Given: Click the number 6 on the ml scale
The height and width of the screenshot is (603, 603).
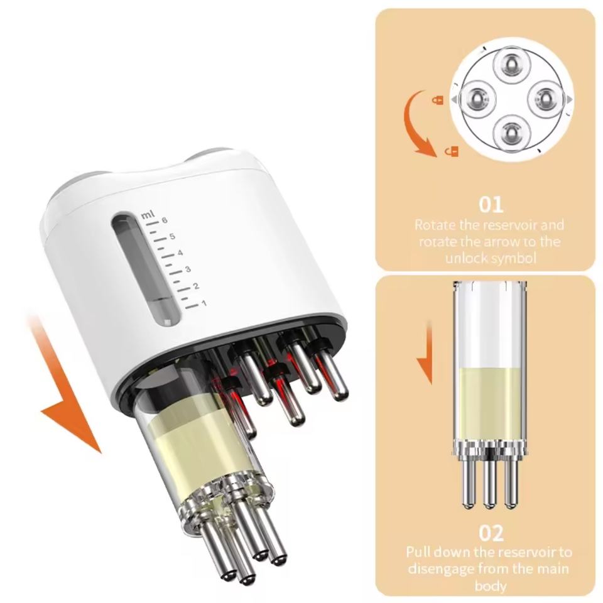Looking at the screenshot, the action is point(165,220).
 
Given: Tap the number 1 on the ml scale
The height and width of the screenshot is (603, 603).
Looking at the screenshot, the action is point(204,303).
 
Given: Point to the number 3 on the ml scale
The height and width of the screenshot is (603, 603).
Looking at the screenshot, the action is point(188,269).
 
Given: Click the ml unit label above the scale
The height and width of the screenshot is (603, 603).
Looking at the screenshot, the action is point(147,215).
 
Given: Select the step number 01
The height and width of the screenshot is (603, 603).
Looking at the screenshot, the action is point(491,205).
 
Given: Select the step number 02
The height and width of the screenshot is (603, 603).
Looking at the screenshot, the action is point(491,533).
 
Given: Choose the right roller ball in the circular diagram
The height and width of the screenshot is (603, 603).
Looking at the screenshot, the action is point(546,100).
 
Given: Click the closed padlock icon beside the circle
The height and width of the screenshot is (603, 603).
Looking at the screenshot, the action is point(438,100).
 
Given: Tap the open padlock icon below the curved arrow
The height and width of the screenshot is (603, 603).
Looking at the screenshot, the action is point(452,151).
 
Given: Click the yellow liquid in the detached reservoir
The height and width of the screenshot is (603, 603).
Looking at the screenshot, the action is point(489,404).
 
